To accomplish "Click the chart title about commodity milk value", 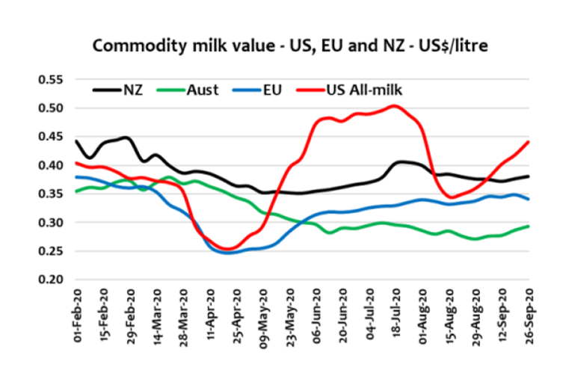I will pyautogui.click(x=290, y=46).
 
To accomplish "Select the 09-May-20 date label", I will pyautogui.click(x=262, y=318).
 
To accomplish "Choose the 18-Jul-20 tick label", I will pyautogui.click(x=396, y=318).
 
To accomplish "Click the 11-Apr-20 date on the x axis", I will pyautogui.click(x=209, y=318).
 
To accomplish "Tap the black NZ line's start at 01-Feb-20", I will pyautogui.click(x=76, y=141).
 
